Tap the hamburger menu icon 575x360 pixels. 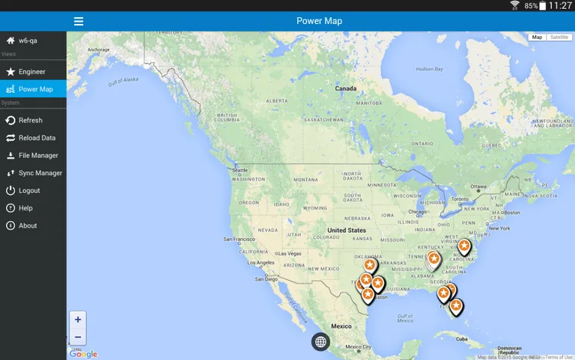click(79, 21)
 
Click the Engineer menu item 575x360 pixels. click(31, 72)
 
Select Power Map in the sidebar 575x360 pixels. click(35, 89)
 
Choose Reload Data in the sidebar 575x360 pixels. click(37, 138)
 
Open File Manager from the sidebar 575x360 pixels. click(37, 156)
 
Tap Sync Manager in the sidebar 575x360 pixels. click(40, 173)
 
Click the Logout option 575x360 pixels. click(29, 191)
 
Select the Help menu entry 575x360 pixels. click(25, 208)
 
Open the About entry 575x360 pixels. click(28, 225)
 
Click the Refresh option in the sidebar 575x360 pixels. click(30, 120)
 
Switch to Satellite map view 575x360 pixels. click(559, 37)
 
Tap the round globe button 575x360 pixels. click(320, 342)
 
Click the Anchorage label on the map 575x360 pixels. click(99, 51)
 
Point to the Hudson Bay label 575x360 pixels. click(430, 69)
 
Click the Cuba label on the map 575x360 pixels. click(461, 339)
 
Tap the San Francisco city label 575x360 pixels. click(238, 239)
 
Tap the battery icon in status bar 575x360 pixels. click(543, 6)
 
